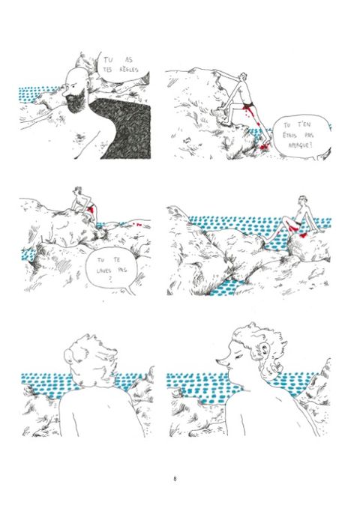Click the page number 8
[175, 479]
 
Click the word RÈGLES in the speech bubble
[129, 70]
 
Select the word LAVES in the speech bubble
[103, 270]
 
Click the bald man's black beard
[77, 100]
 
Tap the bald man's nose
[65, 88]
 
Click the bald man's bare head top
[76, 74]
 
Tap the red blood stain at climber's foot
[264, 147]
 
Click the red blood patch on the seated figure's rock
[303, 235]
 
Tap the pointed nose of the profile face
[220, 360]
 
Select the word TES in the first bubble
[107, 70]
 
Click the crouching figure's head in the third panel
[78, 190]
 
